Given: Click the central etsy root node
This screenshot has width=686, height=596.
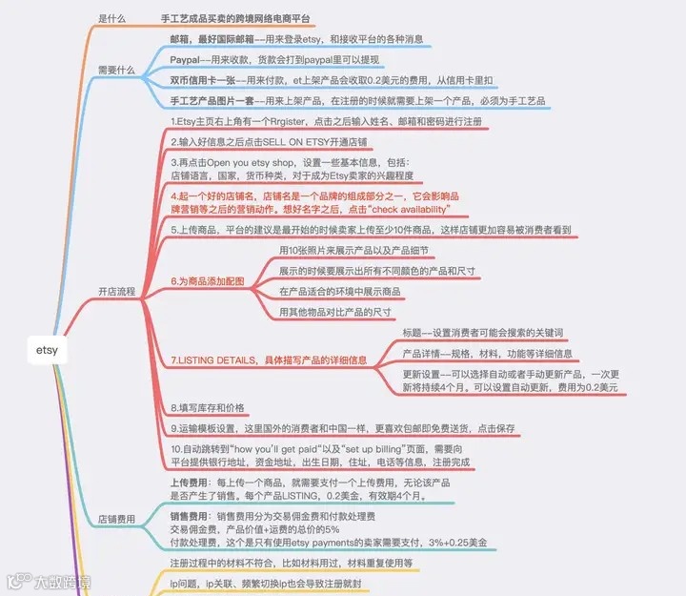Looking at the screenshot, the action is click(47, 349).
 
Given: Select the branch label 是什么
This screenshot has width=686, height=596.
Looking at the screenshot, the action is click(111, 18).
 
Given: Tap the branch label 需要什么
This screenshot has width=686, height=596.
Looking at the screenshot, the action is click(116, 70).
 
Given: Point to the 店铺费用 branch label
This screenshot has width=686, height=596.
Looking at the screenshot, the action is click(116, 519).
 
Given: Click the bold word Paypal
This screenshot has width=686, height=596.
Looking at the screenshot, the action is click(188, 60).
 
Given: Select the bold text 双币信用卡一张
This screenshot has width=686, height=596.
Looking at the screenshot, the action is click(202, 80).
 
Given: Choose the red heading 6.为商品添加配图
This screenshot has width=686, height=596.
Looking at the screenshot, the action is click(208, 281).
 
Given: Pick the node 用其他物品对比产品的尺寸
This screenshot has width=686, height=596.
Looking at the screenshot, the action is click(334, 312).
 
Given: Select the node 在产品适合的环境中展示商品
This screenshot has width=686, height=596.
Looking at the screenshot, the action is click(339, 291).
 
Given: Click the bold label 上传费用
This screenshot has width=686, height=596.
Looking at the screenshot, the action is click(189, 483).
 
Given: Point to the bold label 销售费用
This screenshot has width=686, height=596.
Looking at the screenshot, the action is click(189, 516).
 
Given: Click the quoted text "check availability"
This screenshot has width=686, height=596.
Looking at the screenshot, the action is click(407, 208).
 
